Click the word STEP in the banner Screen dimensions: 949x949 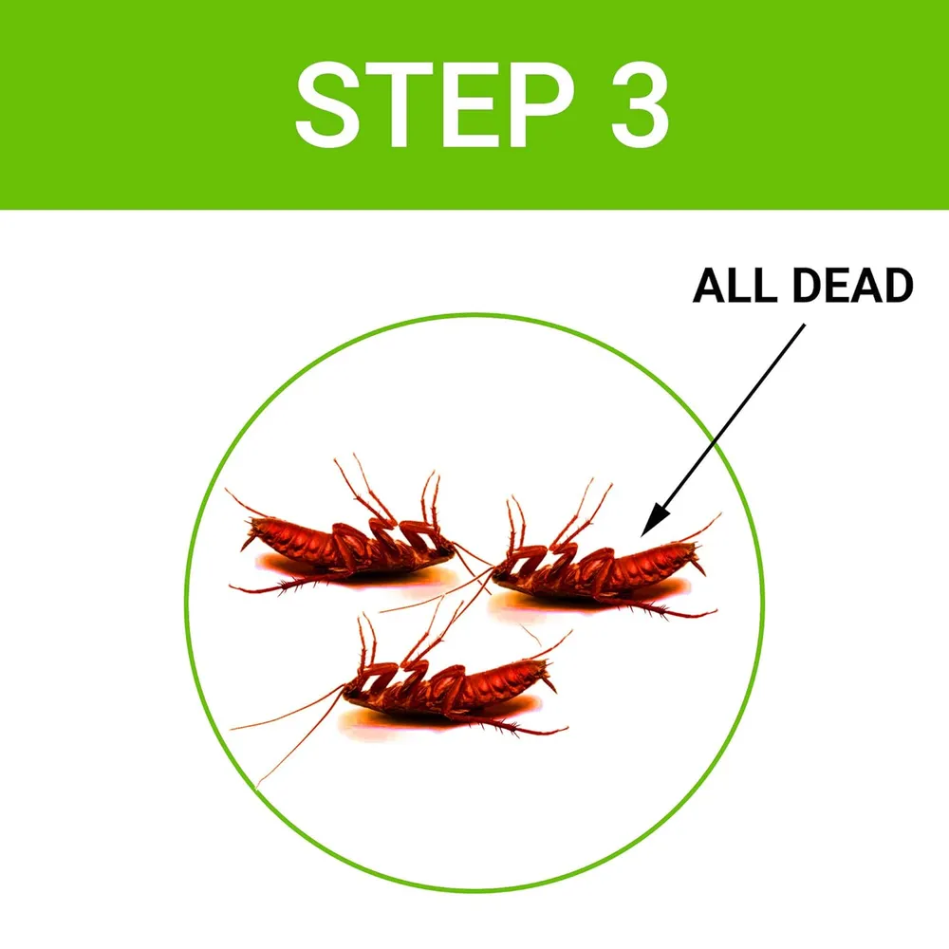(x=434, y=104)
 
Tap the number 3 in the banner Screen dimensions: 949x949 (x=640, y=104)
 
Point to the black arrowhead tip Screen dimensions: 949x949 (x=642, y=536)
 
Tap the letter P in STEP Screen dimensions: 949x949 (x=542, y=104)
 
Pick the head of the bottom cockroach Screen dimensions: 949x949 (x=354, y=693)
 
